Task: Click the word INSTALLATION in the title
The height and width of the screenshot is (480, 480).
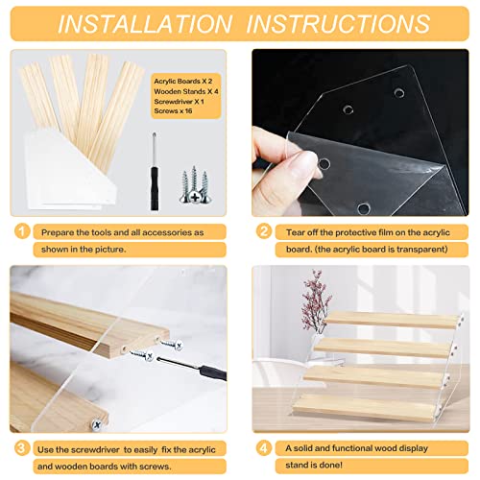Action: [145, 24]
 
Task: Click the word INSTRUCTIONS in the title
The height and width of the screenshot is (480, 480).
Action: [339, 24]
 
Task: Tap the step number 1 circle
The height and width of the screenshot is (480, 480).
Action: [22, 231]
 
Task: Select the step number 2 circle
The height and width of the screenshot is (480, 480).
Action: [264, 231]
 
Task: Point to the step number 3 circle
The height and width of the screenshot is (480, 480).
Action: [22, 448]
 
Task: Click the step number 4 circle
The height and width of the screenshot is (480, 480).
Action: [264, 448]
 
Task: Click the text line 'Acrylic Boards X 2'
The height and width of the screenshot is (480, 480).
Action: [183, 82]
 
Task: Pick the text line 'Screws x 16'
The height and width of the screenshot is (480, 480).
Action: [173, 111]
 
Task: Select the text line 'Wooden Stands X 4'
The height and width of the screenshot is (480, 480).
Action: [186, 91]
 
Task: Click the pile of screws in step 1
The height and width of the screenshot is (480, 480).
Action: [194, 185]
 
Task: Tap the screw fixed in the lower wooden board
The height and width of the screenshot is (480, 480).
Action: [97, 425]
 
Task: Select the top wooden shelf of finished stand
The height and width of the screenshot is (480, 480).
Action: [392, 320]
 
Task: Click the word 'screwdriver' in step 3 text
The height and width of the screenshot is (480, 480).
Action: [95, 450]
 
